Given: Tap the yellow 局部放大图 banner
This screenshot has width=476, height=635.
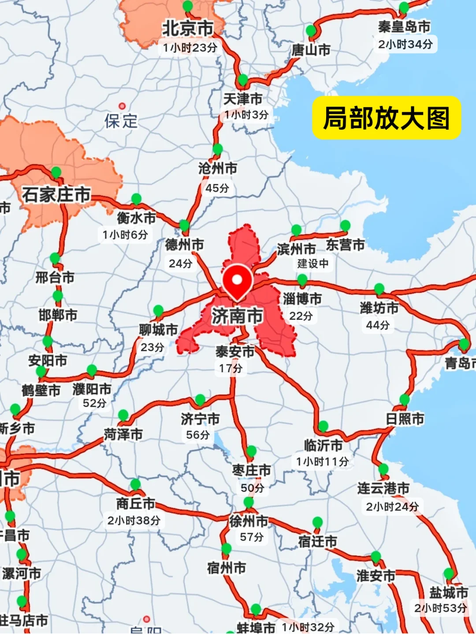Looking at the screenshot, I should pos(387,118).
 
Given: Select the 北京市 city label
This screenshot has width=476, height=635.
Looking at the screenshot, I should pos(188,29).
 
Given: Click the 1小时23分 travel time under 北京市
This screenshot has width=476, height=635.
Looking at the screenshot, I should pos(190,48).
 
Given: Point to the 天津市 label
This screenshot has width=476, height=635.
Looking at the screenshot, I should pos(243,99).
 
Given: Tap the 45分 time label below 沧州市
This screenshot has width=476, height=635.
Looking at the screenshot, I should pos(217,188).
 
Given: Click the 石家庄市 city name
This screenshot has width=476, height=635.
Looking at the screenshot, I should pos(56,195).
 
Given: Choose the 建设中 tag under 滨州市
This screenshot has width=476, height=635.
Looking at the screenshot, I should pos(313,264).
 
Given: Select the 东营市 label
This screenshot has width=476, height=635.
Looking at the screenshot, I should pos(345,245).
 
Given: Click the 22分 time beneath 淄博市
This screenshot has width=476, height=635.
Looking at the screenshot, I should pos(301,316).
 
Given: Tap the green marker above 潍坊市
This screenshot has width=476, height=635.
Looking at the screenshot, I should pos(379,289).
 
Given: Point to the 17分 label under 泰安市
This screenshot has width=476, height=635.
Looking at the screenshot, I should pos(231,368).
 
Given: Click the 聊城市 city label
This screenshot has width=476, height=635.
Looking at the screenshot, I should pos(158,330).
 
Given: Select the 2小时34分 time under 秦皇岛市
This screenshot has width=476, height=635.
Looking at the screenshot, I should pos(405,44).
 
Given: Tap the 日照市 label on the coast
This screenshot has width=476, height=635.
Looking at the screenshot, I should pos(405,418).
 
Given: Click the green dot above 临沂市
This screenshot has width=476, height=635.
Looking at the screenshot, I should pos(323,426).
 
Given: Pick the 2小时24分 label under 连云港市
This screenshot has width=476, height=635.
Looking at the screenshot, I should pos(392,507).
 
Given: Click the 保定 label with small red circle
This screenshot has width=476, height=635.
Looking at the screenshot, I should pos(121,121).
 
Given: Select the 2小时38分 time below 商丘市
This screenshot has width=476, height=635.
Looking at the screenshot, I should pos(134,521).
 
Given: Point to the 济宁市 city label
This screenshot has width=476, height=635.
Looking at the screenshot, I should pos(200,419).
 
